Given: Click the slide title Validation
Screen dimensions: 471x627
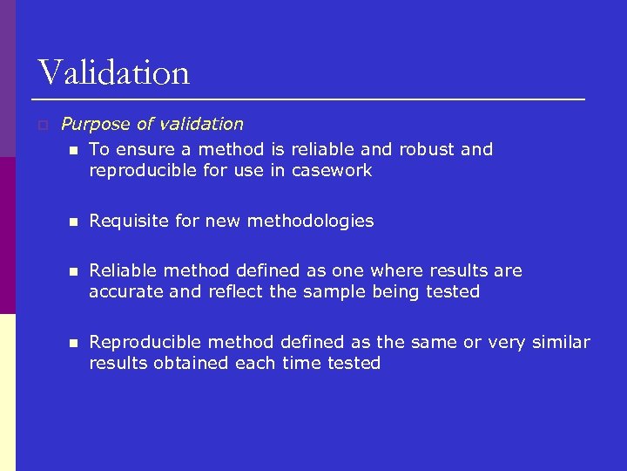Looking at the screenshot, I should [x=113, y=72].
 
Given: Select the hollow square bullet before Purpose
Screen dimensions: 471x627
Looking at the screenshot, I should [x=42, y=126].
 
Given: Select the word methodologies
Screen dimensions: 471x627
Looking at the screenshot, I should [x=311, y=222].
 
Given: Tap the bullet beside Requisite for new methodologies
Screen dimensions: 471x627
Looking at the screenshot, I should [x=74, y=222].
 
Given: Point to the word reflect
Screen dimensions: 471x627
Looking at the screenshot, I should [x=236, y=291].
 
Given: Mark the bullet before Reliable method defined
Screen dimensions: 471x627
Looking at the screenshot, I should [x=74, y=271].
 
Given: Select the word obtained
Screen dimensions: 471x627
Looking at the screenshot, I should [x=189, y=363].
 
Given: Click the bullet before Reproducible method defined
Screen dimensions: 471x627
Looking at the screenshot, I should [x=74, y=343].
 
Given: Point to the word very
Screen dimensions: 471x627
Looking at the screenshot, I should [x=507, y=343].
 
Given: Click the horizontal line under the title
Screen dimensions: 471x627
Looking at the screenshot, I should [x=311, y=99].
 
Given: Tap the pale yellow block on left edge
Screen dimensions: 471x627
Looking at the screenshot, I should [x=8, y=392].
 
